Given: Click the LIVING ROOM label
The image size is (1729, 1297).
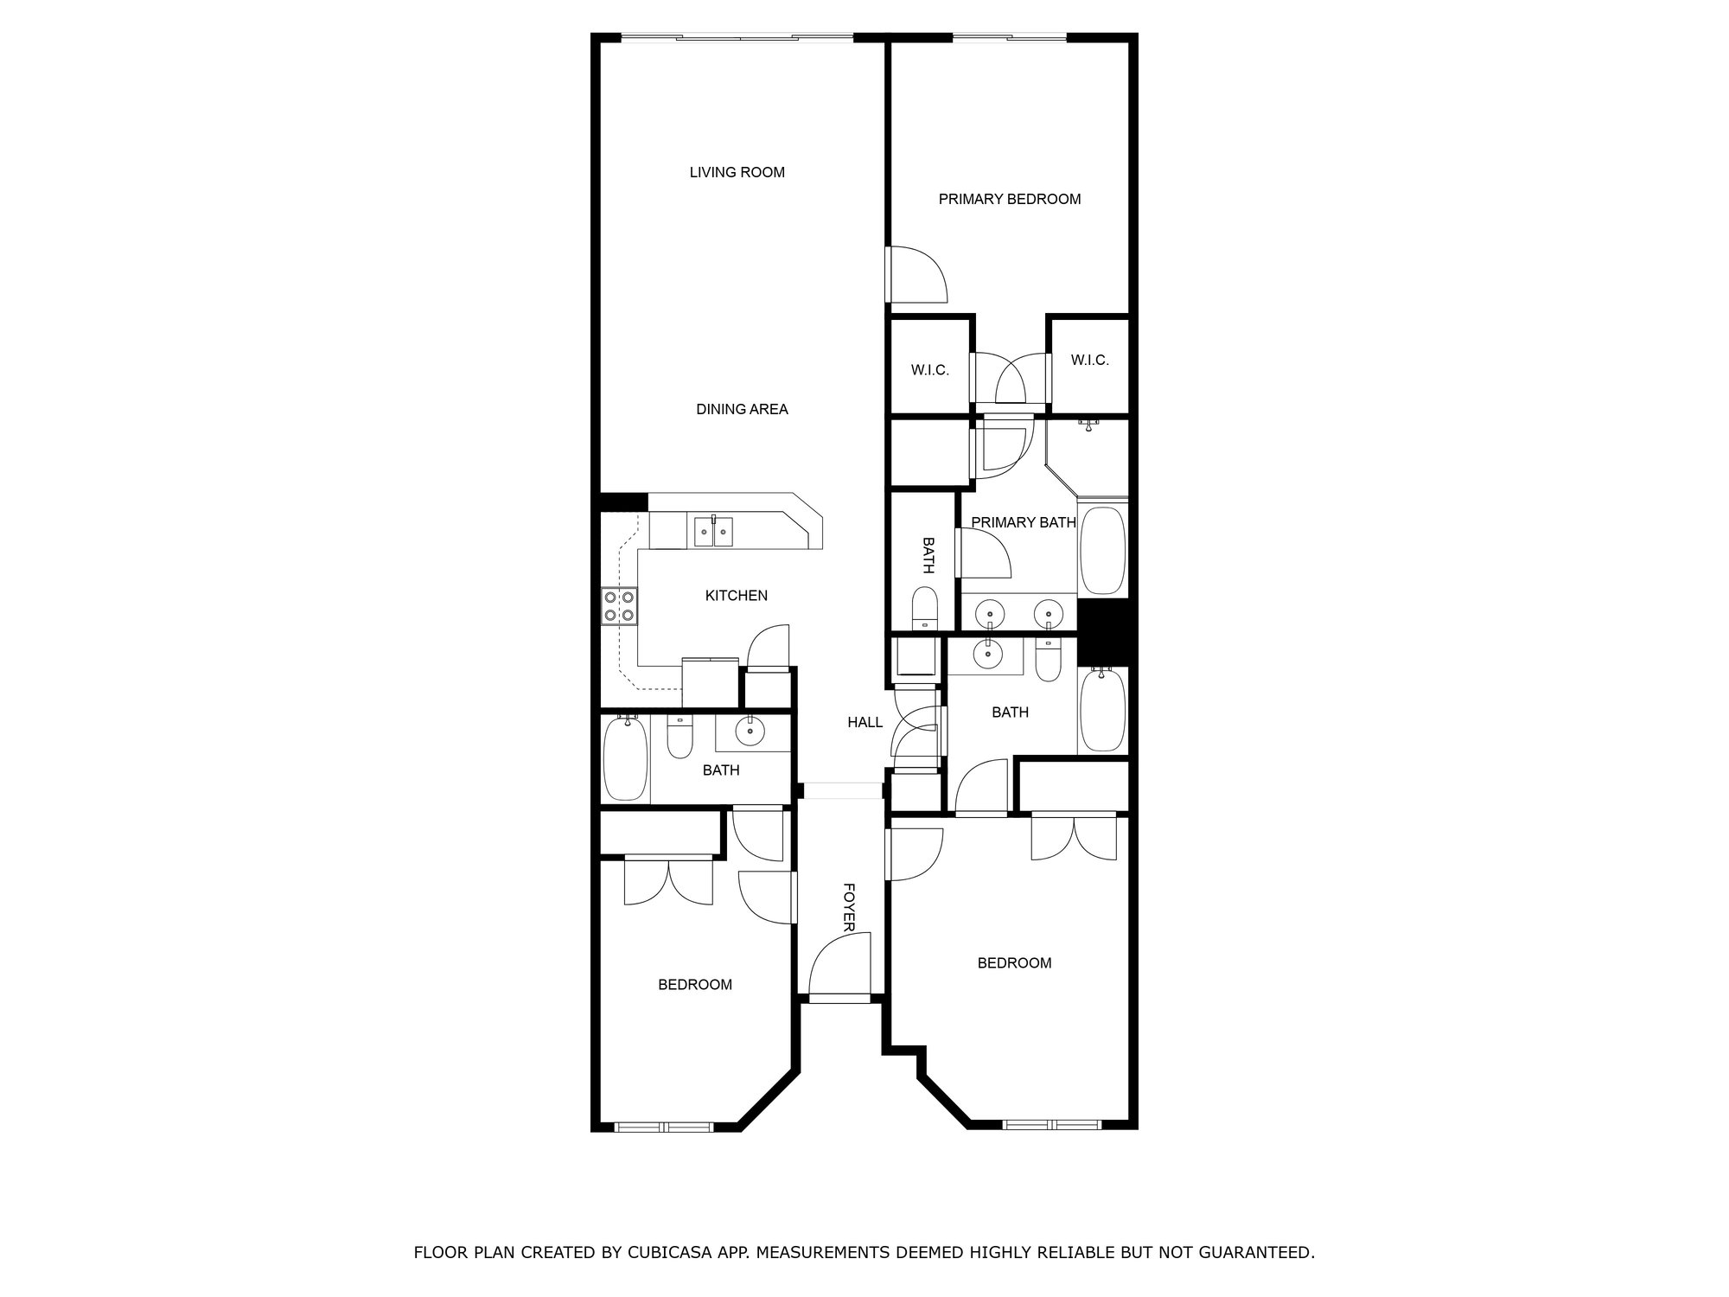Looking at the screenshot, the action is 737,172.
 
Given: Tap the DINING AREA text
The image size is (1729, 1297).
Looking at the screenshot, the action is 742,409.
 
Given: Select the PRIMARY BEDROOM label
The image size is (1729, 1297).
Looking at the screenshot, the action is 1010,199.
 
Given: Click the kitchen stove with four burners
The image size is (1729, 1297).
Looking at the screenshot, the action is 619,605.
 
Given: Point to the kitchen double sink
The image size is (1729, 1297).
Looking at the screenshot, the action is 713,531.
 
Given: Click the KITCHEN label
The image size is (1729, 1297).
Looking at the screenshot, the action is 737,595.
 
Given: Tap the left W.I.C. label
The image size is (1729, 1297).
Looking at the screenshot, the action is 930,370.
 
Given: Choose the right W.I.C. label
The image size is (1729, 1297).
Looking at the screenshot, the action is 1089,360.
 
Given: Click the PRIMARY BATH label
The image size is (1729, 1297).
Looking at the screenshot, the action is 1024,522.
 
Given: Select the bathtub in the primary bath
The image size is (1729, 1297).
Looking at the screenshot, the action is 1102,550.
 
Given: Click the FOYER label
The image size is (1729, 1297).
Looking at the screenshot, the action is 849,907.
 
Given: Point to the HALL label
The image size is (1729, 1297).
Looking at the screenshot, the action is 864,722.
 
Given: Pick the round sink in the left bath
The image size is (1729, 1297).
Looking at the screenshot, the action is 750,732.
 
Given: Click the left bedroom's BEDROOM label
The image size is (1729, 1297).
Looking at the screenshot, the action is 695,984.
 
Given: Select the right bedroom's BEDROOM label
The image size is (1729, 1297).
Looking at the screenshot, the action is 1014,962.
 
